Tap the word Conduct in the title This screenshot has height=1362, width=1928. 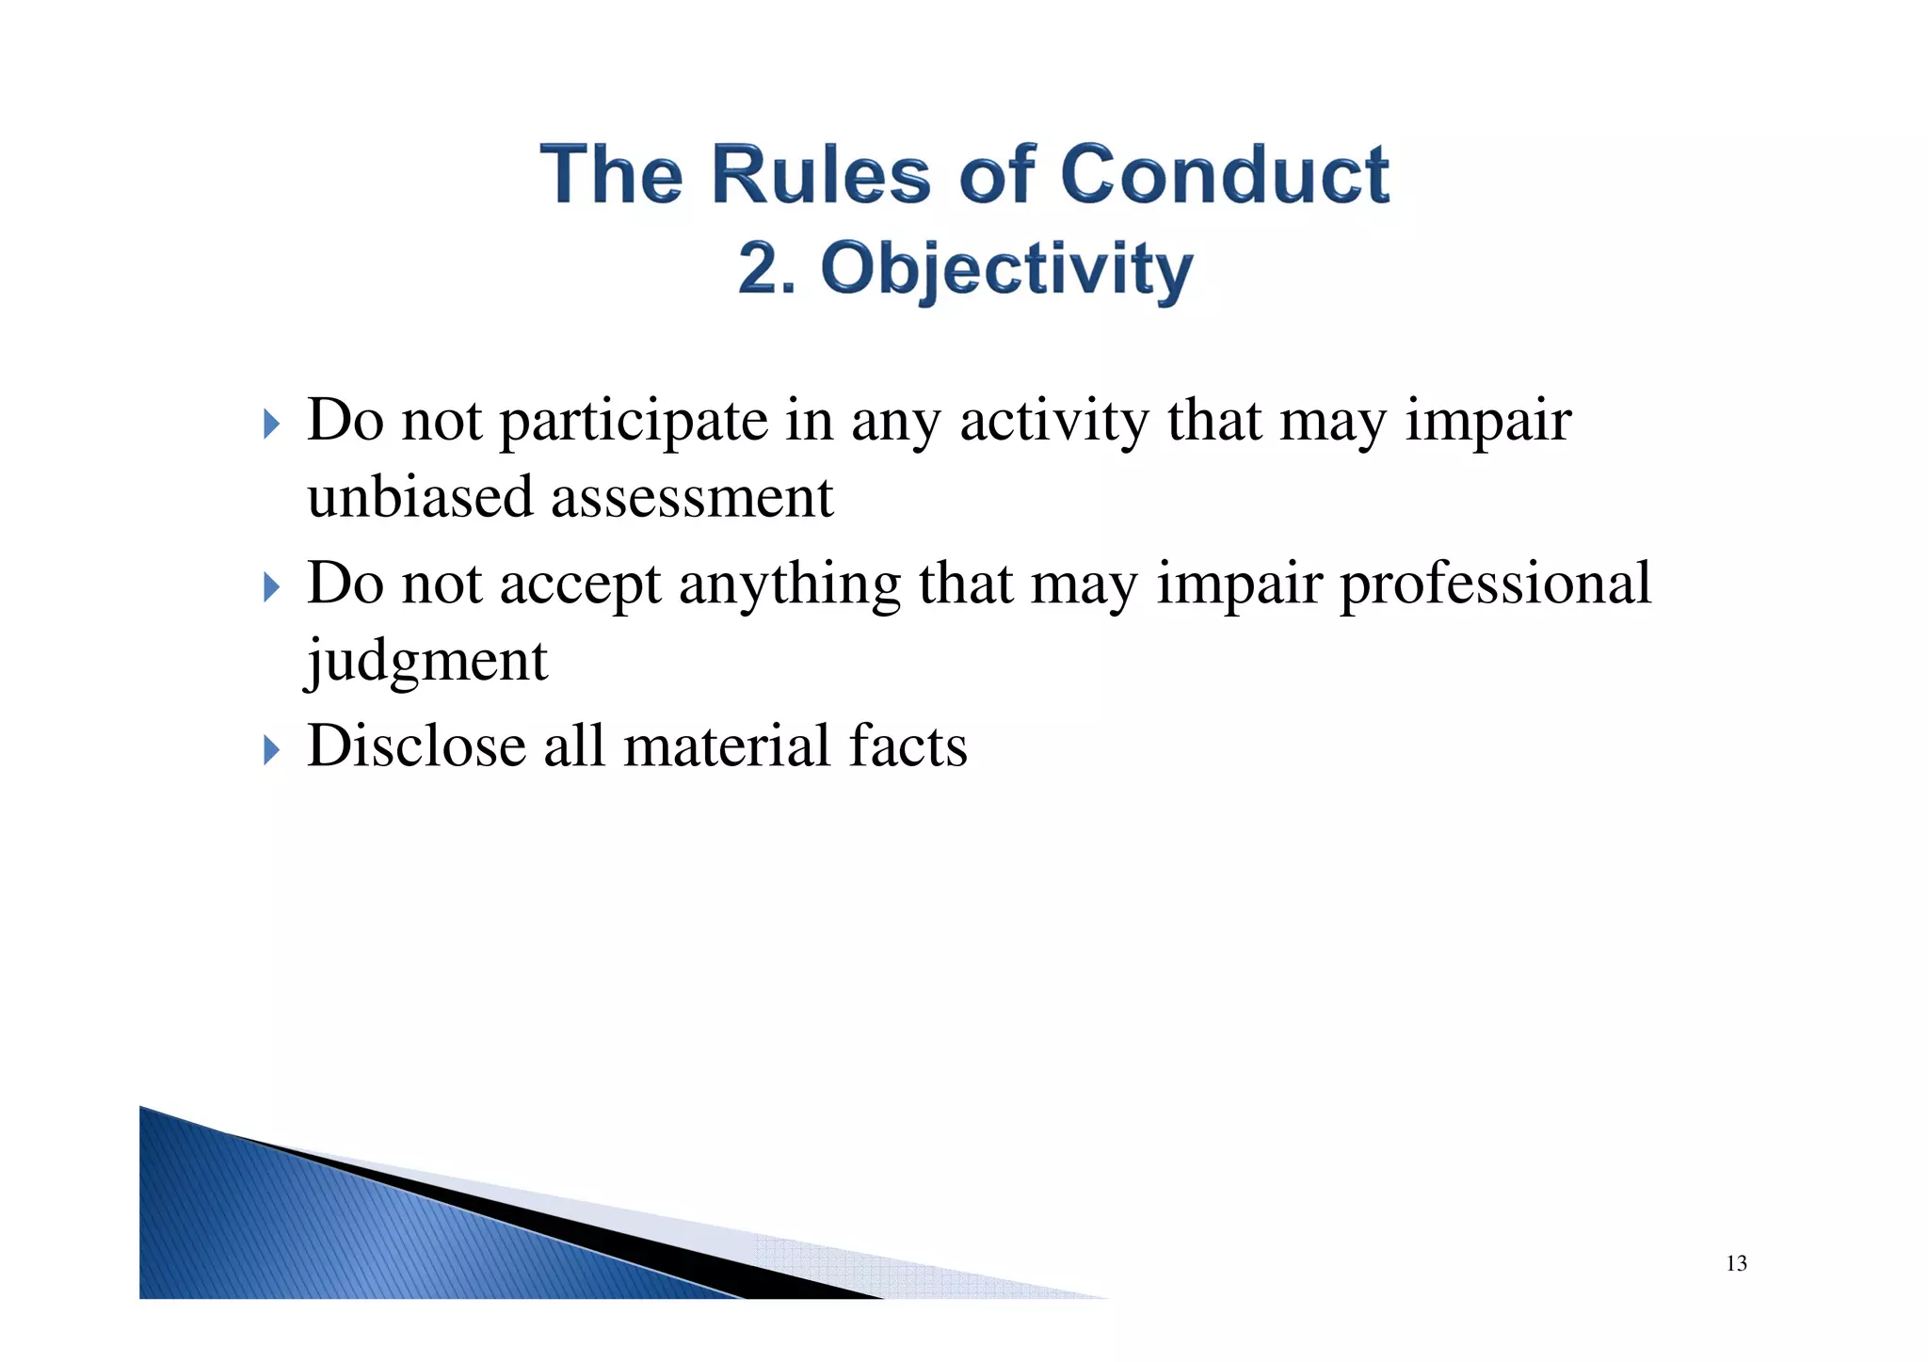1225,175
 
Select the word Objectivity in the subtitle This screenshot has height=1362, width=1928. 1006,269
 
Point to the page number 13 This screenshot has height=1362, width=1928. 1736,1263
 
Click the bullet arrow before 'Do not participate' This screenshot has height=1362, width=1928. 271,424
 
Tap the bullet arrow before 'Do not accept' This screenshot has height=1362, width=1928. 271,587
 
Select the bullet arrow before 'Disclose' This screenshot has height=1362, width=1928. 271,750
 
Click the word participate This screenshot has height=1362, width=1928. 633,422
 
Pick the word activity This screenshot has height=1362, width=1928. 1053,422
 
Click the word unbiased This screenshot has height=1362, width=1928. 420,497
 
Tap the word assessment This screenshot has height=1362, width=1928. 692,499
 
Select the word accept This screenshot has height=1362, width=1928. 580,585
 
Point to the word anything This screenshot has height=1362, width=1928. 789,585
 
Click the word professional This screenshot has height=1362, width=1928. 1495,584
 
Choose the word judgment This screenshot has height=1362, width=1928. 427,661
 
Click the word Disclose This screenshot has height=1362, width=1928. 416,746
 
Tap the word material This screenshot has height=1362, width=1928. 728,746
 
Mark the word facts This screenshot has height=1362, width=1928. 908,746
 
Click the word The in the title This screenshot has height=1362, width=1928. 611,175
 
